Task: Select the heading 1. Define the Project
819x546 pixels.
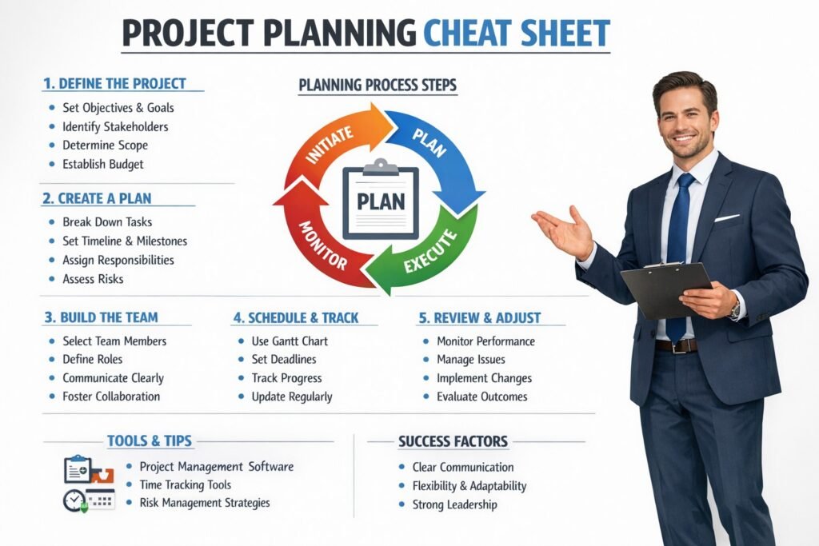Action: (114, 83)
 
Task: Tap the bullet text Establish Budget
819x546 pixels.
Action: (102, 165)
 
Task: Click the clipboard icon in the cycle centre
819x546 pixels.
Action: (380, 200)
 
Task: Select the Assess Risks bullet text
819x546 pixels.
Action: (93, 279)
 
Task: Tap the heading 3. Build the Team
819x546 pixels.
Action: (101, 317)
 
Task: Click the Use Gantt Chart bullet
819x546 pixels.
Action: (290, 341)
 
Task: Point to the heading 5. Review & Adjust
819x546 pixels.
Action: (479, 317)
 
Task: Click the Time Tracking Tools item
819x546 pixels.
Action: (185, 484)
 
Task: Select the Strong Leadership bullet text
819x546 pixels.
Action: (454, 504)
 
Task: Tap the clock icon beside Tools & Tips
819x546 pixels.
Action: (74, 500)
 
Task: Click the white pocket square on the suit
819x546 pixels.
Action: (727, 217)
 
